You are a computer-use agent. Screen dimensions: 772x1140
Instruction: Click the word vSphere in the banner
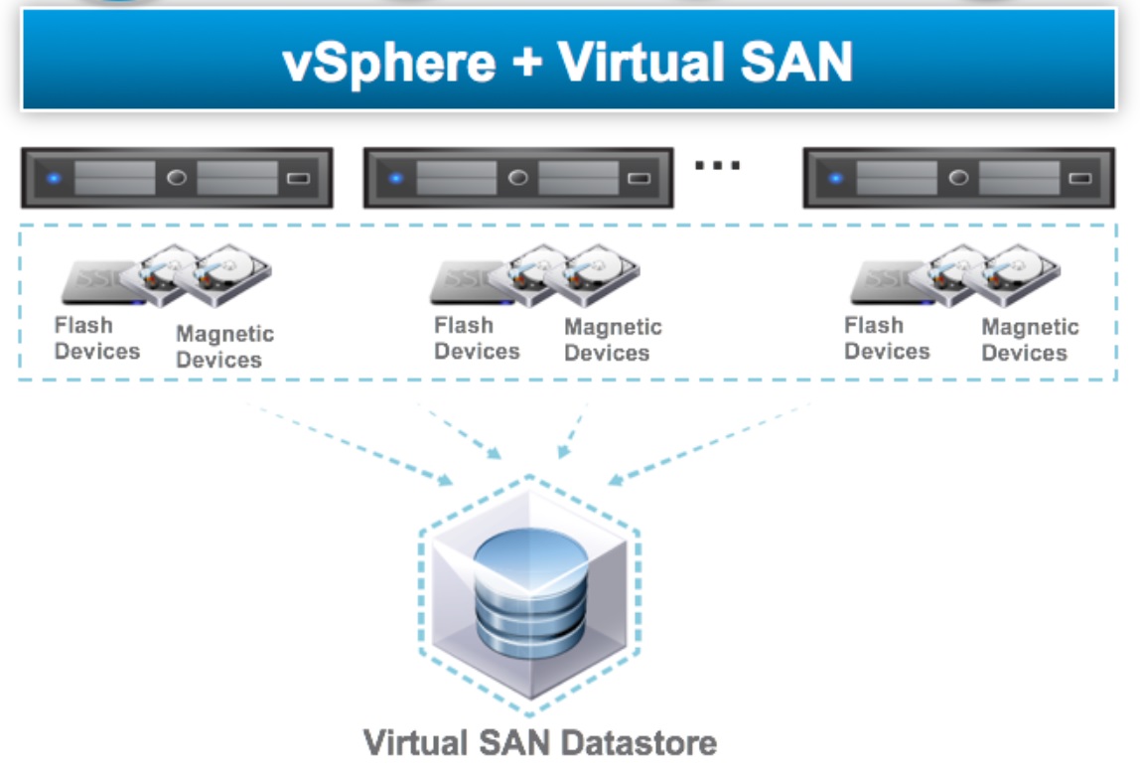click(387, 62)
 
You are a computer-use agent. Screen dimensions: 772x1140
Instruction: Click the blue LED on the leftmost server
click(54, 179)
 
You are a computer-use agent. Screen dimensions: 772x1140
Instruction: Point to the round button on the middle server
click(517, 179)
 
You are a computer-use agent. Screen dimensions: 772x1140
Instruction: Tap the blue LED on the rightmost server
click(835, 179)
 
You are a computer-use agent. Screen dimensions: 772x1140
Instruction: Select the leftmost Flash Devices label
click(96, 338)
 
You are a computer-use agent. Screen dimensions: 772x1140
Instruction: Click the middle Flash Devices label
click(477, 338)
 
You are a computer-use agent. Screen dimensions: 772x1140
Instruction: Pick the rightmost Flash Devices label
click(887, 338)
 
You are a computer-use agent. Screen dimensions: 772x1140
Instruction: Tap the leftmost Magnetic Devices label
click(224, 347)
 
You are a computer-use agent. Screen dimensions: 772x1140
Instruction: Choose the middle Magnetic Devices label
click(612, 340)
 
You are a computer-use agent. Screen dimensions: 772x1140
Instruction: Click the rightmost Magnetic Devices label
click(1030, 340)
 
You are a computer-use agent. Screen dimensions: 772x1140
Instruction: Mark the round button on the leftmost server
click(177, 179)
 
